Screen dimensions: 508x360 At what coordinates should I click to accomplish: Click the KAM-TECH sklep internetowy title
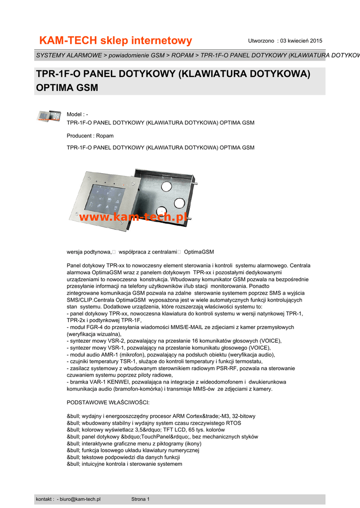115,40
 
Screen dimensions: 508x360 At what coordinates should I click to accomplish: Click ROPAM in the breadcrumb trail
183,55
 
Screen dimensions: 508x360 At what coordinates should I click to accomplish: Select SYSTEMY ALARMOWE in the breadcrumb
69,55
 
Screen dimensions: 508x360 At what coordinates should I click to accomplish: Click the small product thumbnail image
49,116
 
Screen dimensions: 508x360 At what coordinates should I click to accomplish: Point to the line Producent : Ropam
90,135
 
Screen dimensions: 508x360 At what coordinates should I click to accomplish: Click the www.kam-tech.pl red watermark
132,217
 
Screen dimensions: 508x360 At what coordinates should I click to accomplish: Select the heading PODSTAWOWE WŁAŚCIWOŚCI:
107,402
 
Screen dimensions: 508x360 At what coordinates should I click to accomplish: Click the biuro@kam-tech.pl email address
80,499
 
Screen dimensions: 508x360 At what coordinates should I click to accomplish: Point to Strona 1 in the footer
140,499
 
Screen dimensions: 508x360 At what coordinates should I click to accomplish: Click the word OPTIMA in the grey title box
53,88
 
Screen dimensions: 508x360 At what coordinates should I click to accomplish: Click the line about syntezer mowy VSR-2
174,341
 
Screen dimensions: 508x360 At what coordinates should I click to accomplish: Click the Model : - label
77,115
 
